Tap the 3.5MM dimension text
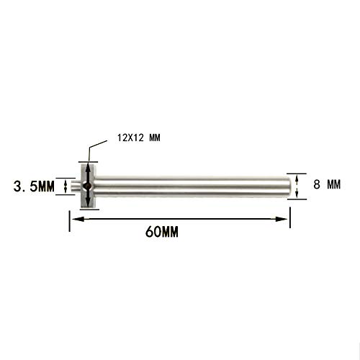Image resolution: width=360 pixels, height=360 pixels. click(x=33, y=187)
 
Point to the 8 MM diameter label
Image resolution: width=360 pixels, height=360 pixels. click(x=326, y=184)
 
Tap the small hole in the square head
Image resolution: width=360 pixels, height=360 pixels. click(x=86, y=186)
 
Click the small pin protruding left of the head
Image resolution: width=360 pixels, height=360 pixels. click(x=76, y=186)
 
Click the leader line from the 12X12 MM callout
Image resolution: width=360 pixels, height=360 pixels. click(x=89, y=153)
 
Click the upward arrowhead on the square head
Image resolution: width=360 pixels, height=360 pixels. click(x=86, y=168)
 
